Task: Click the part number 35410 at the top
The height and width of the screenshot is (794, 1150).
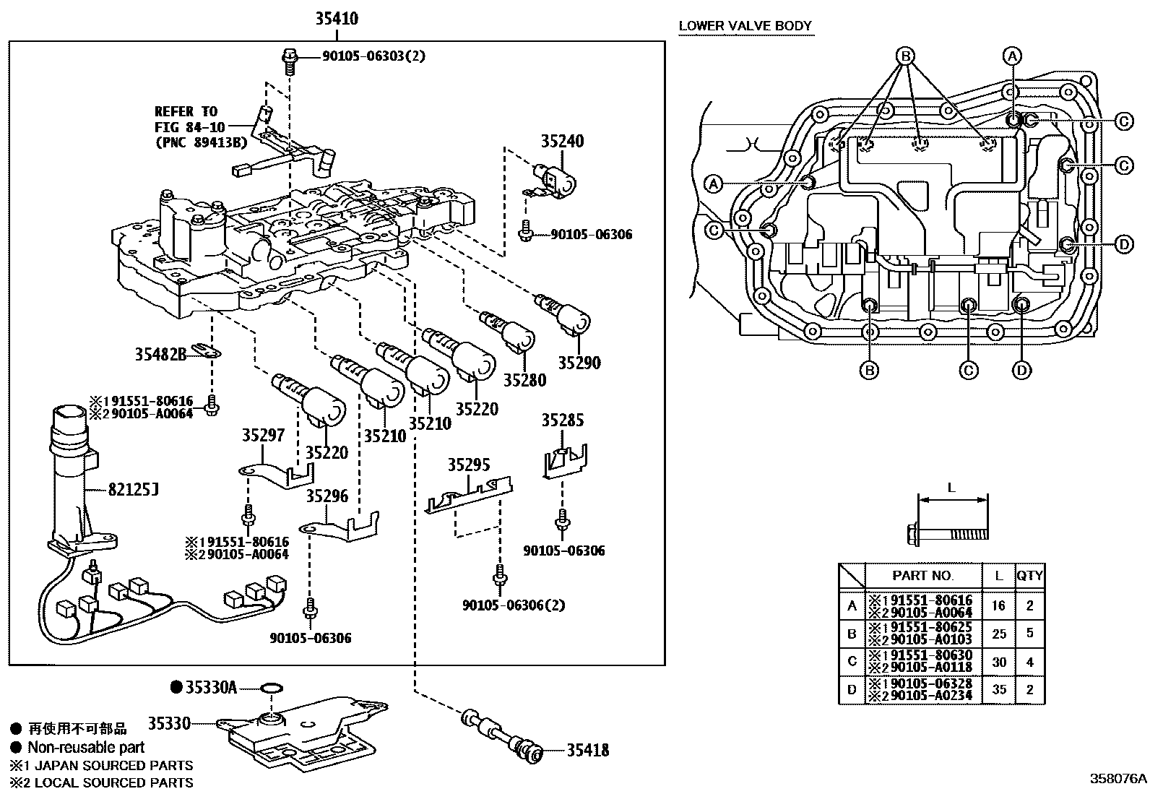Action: pos(337,19)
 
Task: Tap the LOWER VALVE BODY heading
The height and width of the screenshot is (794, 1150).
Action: pos(745,26)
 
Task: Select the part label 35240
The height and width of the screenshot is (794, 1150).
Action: pos(562,141)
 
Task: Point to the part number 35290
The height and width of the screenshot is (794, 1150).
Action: pos(579,363)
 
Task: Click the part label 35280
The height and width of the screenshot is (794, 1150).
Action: pos(524,380)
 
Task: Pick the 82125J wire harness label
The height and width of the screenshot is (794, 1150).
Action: pos(133,489)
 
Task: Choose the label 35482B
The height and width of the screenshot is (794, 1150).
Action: pos(160,354)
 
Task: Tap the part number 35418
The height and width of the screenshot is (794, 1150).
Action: pos(588,751)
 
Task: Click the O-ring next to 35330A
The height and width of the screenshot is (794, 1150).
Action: pos(272,688)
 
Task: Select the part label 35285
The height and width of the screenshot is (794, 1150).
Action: pos(563,420)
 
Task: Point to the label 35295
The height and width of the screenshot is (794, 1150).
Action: pos(469,465)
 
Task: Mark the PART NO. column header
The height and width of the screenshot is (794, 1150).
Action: pos(922,575)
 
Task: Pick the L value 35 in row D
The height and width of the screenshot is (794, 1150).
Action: pos(999,689)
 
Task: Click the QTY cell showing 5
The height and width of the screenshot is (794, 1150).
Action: pos(1030,633)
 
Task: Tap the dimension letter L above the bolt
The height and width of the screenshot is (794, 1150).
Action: pos(951,488)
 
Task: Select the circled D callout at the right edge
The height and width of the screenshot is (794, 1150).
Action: pos(1124,244)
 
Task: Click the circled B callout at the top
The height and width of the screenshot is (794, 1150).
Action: pos(906,56)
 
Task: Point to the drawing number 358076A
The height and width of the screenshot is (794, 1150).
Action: pos(1117,779)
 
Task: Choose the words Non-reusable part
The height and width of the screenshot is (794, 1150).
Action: pos(86,747)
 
